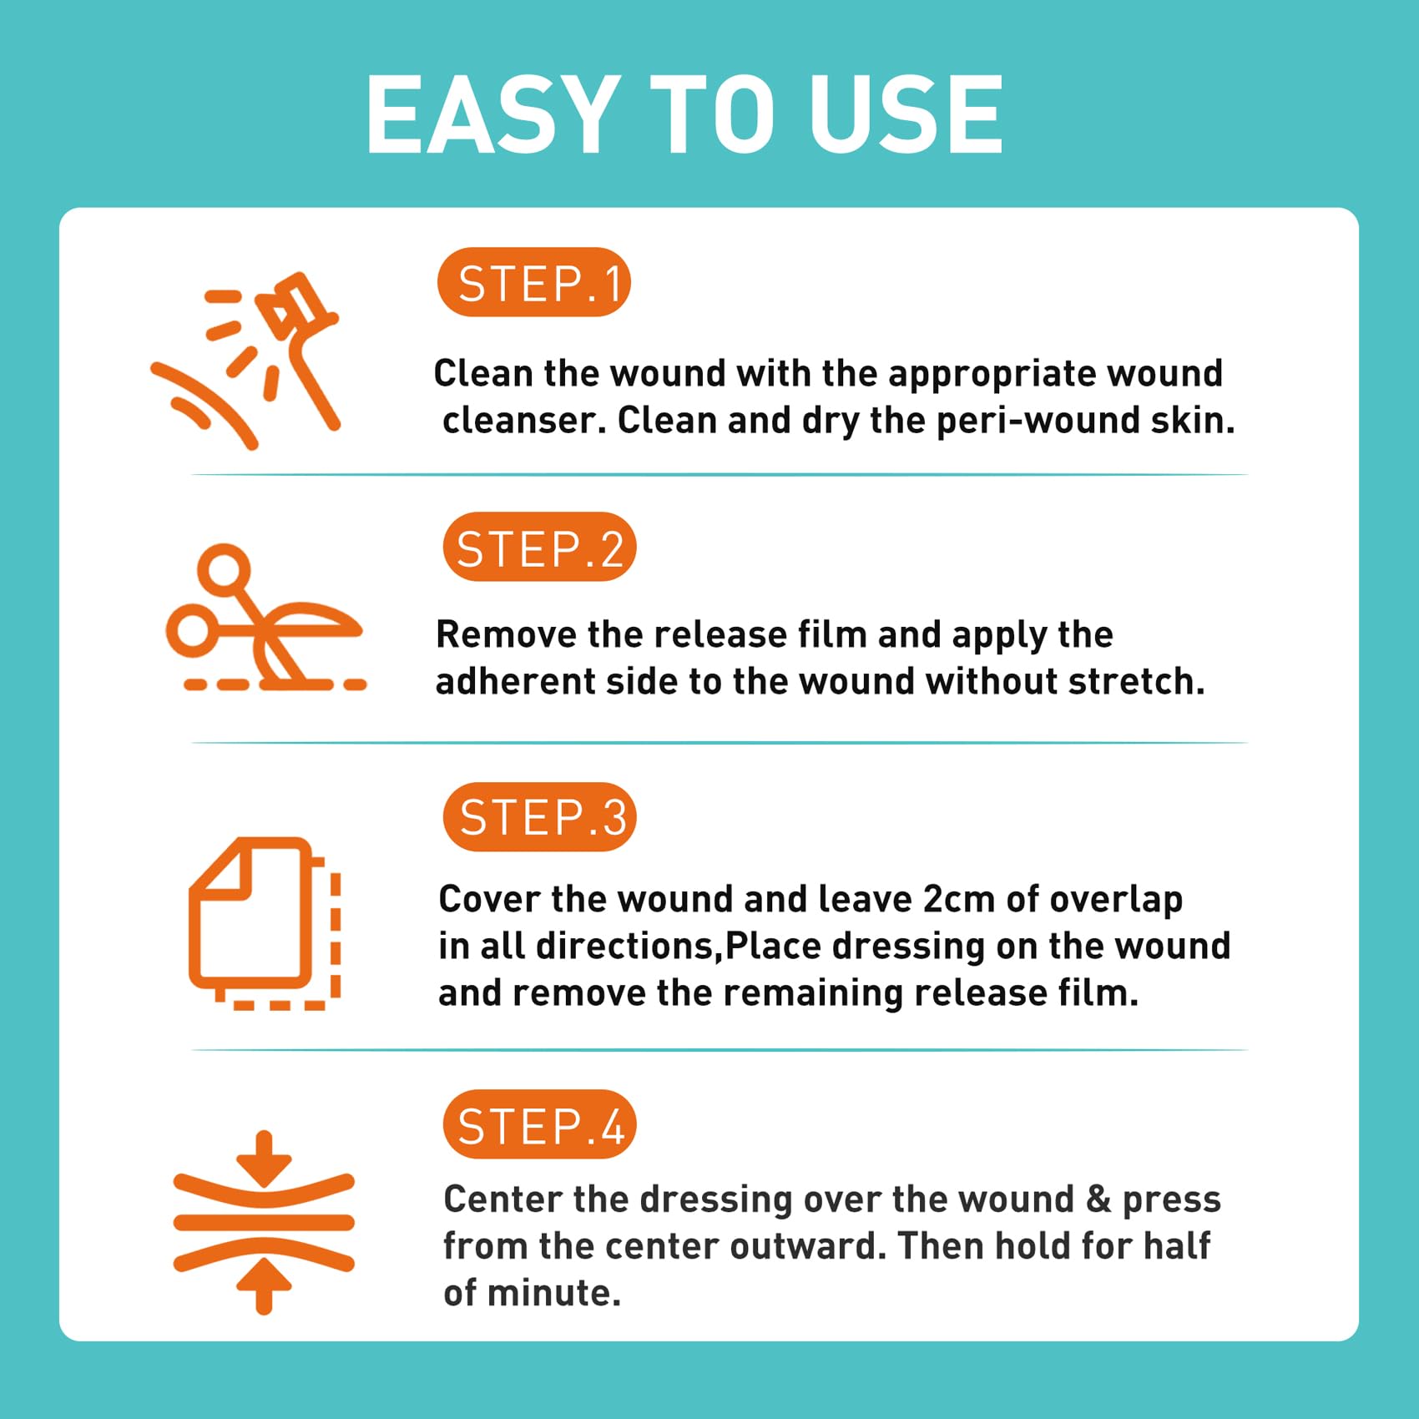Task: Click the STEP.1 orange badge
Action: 533,282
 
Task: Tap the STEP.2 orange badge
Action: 539,547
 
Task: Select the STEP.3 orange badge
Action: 539,816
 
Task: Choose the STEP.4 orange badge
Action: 539,1124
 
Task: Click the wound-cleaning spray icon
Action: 246,361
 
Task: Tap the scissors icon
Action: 266,618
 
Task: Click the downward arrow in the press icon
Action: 264,1158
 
